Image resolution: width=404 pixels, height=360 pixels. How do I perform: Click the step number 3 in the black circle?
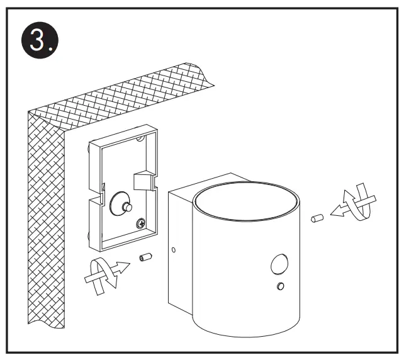(x=40, y=41)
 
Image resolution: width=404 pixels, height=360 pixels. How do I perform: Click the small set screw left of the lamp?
(x=145, y=257)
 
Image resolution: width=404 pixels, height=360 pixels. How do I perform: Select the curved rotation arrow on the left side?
(x=99, y=274)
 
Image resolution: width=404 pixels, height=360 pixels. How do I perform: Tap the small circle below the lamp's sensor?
(x=281, y=287)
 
